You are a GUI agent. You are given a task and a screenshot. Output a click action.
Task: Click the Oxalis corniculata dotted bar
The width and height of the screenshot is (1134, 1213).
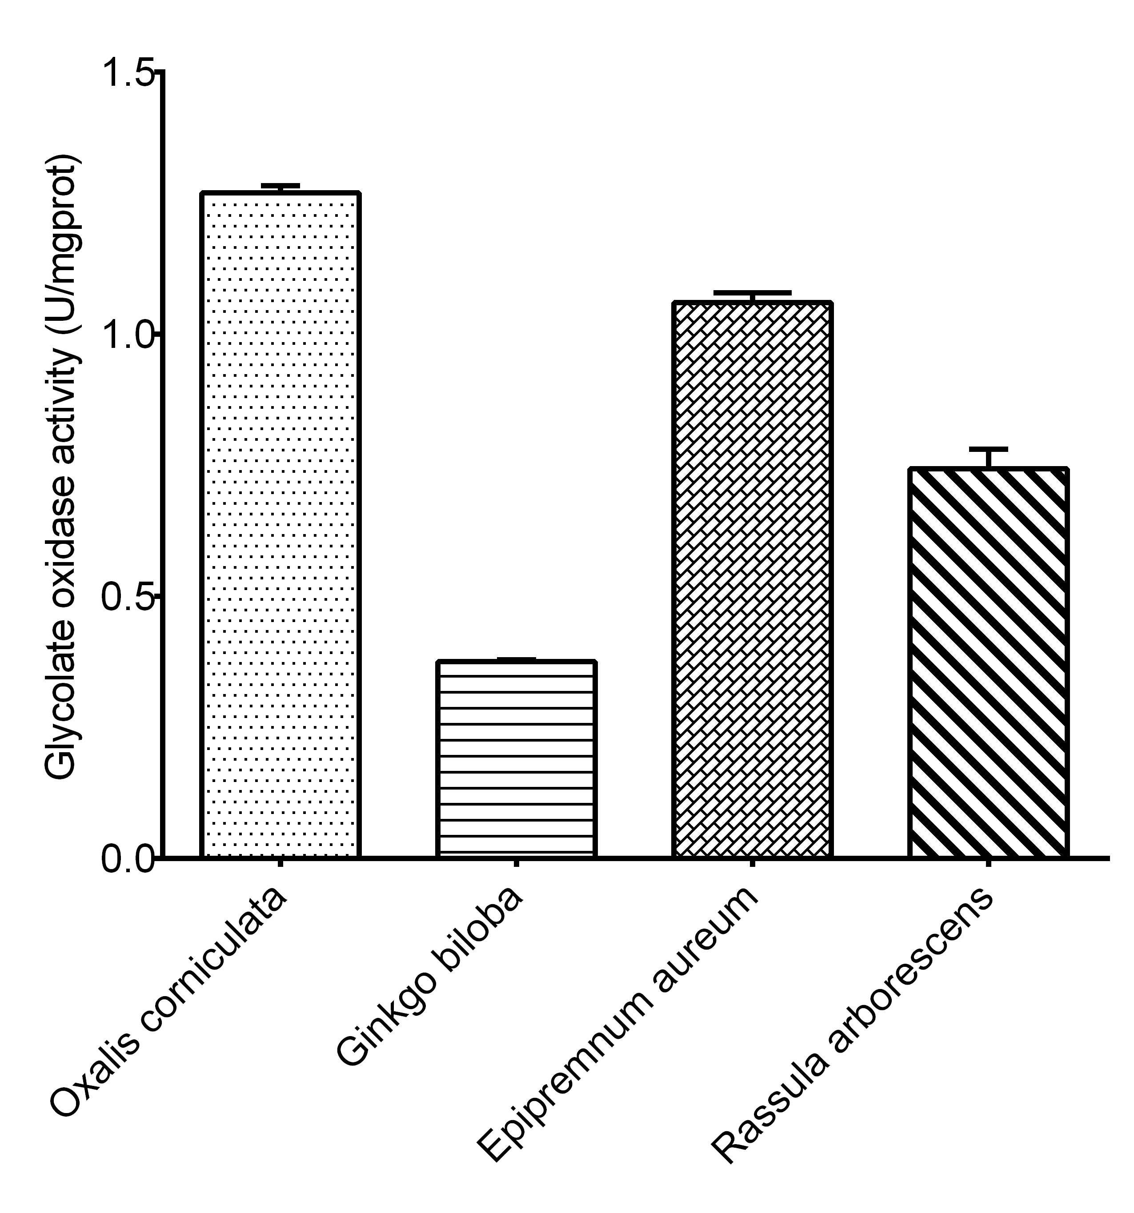(280, 525)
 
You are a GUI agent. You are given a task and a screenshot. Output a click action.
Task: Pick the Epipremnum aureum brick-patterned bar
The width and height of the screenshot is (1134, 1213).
(752, 580)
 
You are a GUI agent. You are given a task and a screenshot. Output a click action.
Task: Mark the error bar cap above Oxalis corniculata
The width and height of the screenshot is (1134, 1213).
(280, 185)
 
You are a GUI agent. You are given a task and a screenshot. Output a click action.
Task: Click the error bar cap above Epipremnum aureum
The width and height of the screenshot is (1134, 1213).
(752, 293)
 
